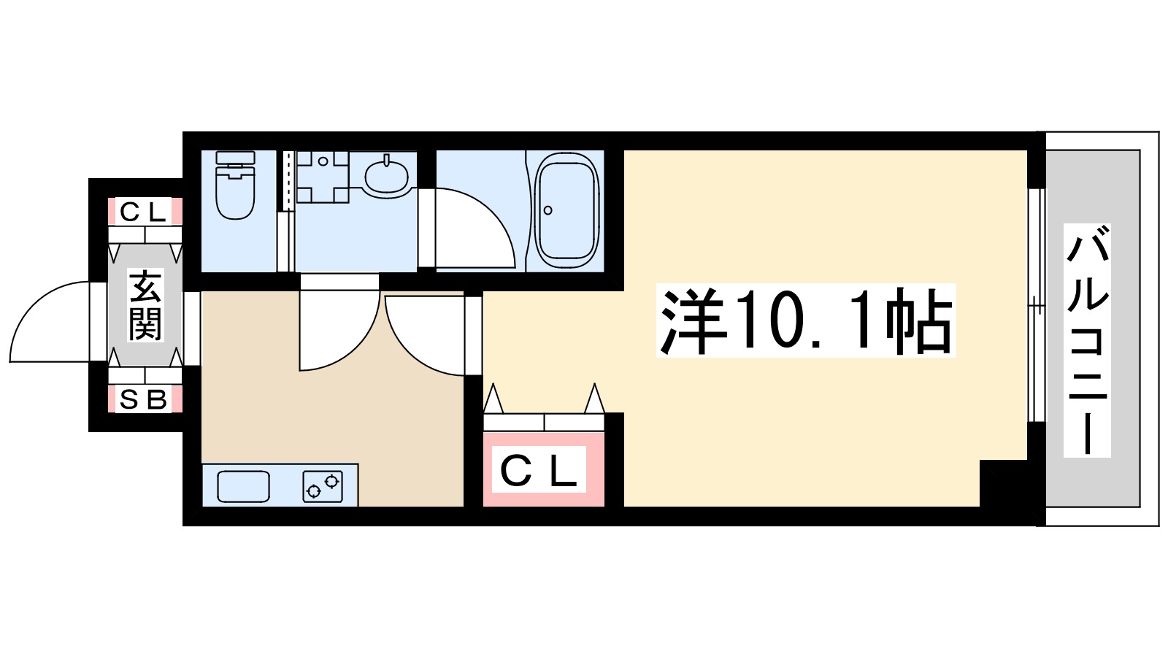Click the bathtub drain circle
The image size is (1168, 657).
pyautogui.click(x=548, y=211)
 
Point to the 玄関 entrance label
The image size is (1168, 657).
pyautogui.click(x=145, y=305)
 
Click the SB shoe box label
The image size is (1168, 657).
pyautogui.click(x=144, y=399)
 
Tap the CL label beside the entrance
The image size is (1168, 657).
pyautogui.click(x=144, y=212)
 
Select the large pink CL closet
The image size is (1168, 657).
pyautogui.click(x=544, y=469)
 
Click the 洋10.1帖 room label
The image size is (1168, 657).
pyautogui.click(x=806, y=321)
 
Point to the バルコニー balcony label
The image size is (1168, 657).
pyautogui.click(x=1087, y=341)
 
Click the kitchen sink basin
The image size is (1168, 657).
pyautogui.click(x=244, y=487)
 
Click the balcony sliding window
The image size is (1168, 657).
pyautogui.click(x=1034, y=305)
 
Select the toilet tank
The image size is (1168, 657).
pyautogui.click(x=236, y=159)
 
